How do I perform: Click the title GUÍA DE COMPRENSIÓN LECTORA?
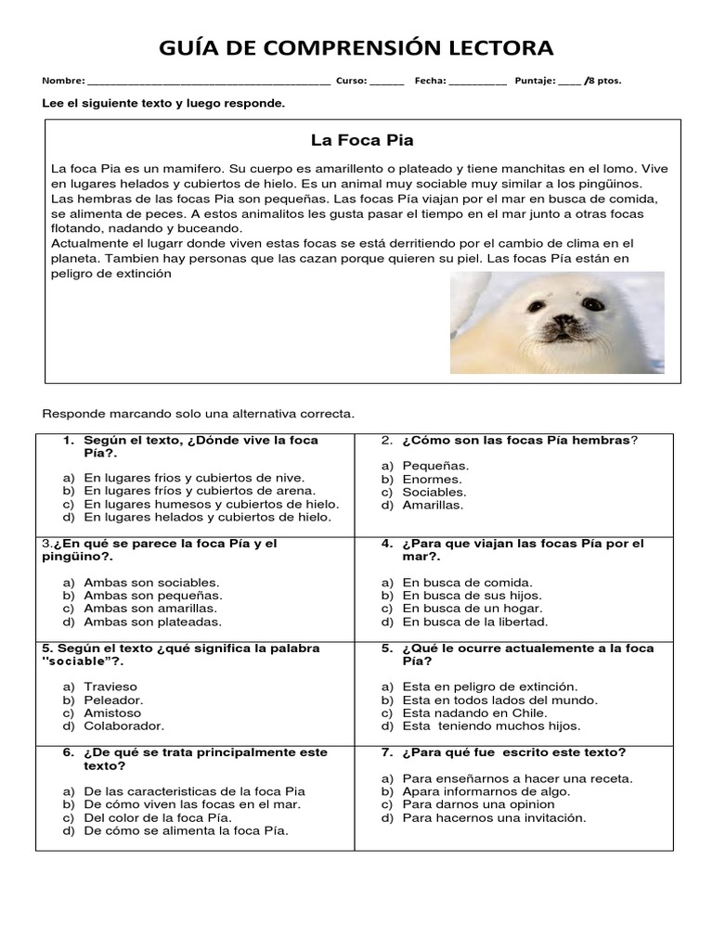[x=356, y=47]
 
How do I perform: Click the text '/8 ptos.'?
[x=603, y=81]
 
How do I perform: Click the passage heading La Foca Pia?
[x=362, y=141]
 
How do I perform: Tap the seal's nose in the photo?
[x=563, y=323]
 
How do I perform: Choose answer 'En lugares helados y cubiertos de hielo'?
[x=207, y=517]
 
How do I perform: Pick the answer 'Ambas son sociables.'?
[x=151, y=582]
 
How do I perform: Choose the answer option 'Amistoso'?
[x=112, y=712]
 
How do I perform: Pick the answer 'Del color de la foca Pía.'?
[x=157, y=817]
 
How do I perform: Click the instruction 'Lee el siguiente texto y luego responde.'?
[x=163, y=103]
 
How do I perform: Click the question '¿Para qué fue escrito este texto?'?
[x=514, y=752]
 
